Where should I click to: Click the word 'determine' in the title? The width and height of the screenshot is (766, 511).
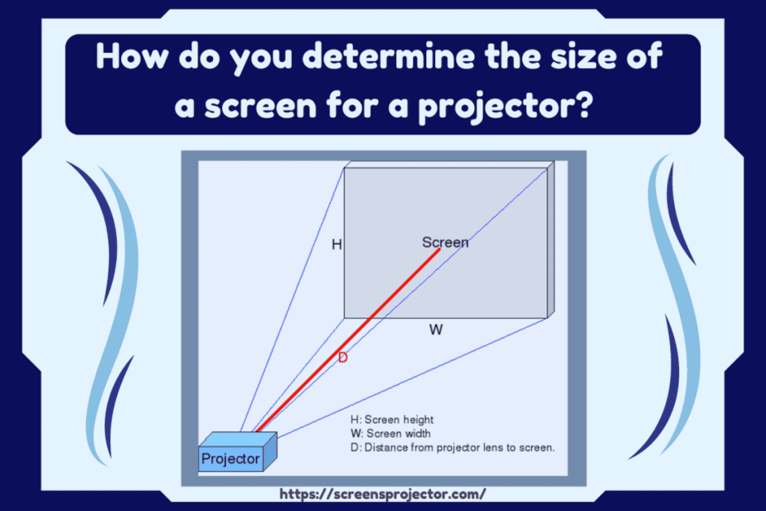point(388,56)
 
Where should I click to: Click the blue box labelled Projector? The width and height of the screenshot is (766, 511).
point(237,452)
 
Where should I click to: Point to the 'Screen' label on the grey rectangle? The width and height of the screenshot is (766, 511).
point(445,242)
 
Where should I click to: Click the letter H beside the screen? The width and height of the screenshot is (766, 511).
point(337,244)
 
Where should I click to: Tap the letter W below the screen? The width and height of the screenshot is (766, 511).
point(436,329)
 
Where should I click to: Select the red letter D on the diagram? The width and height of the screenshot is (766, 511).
point(343,358)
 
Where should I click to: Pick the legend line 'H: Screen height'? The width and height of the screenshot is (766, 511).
point(392,420)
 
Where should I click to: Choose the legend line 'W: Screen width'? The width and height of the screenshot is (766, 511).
point(390,433)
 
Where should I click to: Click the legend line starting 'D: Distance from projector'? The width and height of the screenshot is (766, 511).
point(453,447)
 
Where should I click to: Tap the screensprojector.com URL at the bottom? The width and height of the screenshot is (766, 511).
point(382,494)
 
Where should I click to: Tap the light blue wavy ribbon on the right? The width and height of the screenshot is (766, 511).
point(676,303)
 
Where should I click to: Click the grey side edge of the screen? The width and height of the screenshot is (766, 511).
point(550,240)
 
